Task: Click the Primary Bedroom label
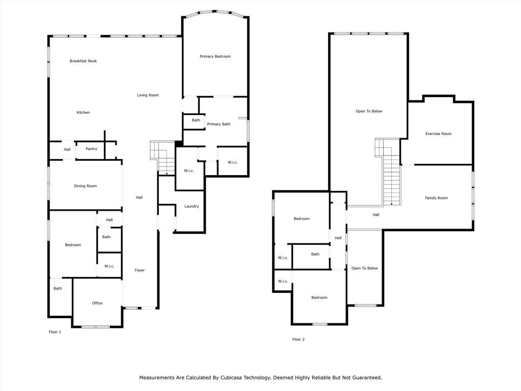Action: click(x=215, y=57)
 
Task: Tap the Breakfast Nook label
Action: click(x=83, y=61)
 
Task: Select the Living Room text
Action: click(x=148, y=95)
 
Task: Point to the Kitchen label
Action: click(x=83, y=113)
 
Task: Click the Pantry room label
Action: click(x=92, y=149)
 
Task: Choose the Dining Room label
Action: click(x=85, y=186)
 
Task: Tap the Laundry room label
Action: click(x=191, y=206)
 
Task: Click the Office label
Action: click(x=97, y=303)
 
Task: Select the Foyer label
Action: click(x=139, y=270)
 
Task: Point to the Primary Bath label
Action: click(x=219, y=124)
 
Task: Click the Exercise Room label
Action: click(x=438, y=134)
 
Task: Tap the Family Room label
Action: click(x=436, y=198)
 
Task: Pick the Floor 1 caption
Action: click(x=55, y=332)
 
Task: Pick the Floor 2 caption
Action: click(x=298, y=339)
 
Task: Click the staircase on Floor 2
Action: click(x=388, y=172)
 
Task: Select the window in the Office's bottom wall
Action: click(x=96, y=327)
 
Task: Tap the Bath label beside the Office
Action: click(x=57, y=288)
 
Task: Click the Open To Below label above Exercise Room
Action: click(x=369, y=111)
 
